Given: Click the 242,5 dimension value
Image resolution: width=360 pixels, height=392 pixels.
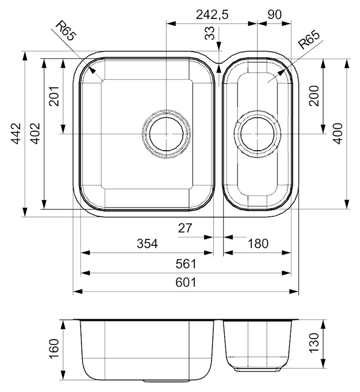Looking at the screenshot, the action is (x=212, y=15).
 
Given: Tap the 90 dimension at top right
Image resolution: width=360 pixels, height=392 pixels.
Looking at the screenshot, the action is (x=275, y=15).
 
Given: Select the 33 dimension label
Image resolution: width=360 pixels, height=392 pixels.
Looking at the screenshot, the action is (x=210, y=33).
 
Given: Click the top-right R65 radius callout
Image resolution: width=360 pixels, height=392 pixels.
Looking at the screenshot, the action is (x=309, y=40).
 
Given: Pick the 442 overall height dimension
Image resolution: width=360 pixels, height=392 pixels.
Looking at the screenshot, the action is (x=16, y=133).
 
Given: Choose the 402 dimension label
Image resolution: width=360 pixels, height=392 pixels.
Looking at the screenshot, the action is (x=35, y=133).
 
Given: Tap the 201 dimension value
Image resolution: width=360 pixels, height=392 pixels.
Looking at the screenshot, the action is (x=54, y=96).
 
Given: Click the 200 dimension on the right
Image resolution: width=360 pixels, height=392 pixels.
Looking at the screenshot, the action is (x=314, y=96).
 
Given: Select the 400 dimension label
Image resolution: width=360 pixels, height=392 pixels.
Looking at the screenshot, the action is (x=338, y=133).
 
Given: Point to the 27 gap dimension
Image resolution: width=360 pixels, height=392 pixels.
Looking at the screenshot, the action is (x=185, y=228).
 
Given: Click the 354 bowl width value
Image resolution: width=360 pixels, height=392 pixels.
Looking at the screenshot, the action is (x=147, y=243).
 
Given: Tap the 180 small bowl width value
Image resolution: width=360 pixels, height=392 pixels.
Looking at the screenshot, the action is (x=258, y=243).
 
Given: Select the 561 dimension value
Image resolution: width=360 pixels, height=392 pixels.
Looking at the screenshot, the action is (x=186, y=264).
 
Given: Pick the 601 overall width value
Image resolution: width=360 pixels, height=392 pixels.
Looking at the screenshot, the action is (x=186, y=283).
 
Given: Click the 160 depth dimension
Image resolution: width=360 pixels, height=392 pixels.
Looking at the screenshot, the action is (x=54, y=349).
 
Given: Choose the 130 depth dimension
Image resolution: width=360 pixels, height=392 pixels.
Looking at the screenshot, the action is (x=314, y=343).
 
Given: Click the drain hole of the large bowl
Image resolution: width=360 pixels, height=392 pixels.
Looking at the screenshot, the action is (x=166, y=134).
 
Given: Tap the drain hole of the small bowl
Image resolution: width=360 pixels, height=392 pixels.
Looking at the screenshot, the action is (x=257, y=134).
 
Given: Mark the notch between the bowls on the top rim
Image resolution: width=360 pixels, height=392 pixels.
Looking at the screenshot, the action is (x=219, y=62).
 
